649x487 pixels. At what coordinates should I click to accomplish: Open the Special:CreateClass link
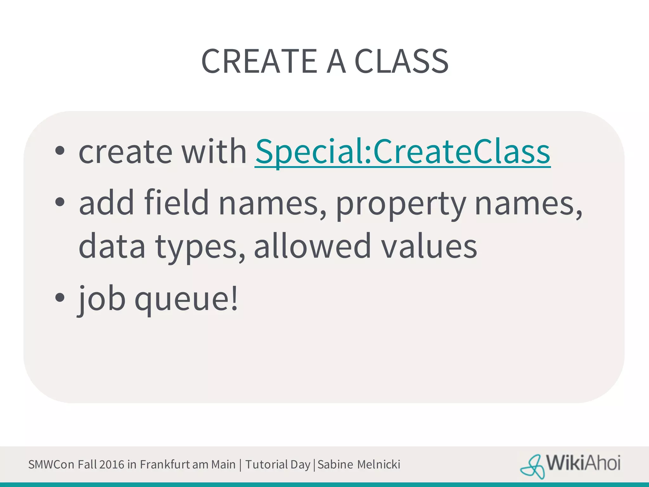[402, 152]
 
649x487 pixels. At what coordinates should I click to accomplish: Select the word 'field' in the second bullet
[176, 203]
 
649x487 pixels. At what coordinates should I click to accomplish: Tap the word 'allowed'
[312, 246]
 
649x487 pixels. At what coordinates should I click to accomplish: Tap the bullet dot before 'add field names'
[60, 202]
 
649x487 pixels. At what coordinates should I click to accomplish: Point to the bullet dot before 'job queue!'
[60, 297]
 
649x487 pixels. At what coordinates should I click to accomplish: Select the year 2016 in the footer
[112, 464]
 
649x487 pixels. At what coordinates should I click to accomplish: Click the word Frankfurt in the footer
[165, 464]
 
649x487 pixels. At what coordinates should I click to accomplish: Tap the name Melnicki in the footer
[379, 464]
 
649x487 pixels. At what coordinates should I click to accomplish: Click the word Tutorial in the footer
[266, 464]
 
